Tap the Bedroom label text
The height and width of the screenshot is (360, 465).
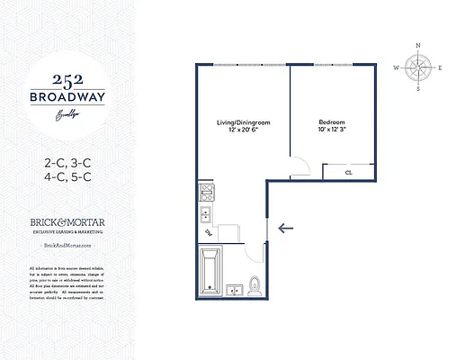coord(332,121)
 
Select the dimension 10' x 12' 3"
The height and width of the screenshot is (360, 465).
coord(332,129)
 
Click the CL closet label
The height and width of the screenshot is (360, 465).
coord(348,171)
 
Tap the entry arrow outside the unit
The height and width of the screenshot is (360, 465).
coord(287,228)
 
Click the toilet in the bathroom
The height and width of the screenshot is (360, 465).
coord(255,285)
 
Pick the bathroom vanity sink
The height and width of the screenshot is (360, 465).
coord(235,290)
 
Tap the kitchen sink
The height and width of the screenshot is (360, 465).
coord(205,214)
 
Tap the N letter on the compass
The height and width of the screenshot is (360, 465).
coord(417,45)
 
